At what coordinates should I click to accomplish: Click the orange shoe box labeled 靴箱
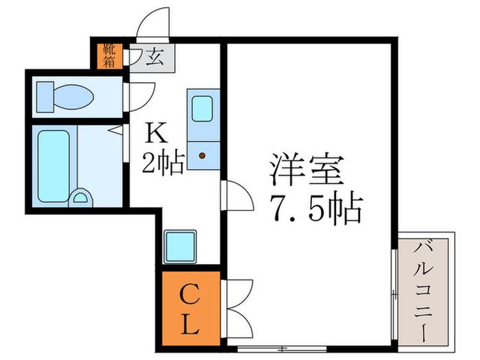110,56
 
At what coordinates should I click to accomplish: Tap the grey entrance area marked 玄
152,58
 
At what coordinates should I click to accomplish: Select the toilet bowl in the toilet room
73,97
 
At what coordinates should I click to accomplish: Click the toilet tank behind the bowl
45,97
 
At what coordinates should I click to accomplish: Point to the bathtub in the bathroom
54,166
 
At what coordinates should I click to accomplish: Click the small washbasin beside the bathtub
80,197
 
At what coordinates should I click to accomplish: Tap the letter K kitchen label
157,133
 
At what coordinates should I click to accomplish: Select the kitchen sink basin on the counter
202,108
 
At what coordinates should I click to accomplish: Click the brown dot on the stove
202,156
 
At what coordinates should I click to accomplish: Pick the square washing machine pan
180,247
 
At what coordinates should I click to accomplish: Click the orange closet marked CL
191,309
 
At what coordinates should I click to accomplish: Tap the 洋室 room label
307,170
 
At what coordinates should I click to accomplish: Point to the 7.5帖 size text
316,208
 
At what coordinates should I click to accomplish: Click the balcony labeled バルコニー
423,291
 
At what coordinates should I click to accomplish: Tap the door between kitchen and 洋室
237,195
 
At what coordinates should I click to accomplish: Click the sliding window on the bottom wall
283,348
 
